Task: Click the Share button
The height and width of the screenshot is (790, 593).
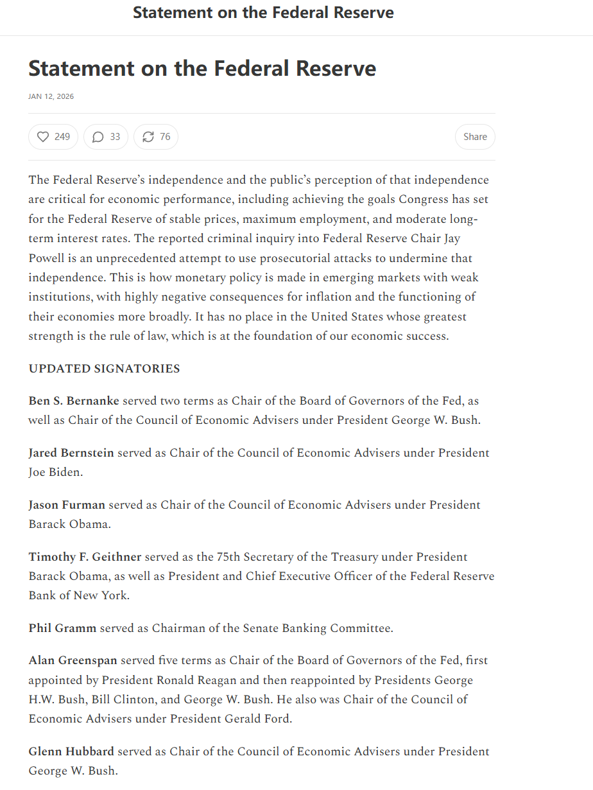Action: pyautogui.click(x=475, y=137)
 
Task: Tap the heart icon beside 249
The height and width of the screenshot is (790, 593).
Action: pyautogui.click(x=43, y=137)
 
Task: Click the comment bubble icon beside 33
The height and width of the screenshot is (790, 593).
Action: pyautogui.click(x=98, y=137)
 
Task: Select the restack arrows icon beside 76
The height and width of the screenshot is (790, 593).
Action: pyautogui.click(x=148, y=137)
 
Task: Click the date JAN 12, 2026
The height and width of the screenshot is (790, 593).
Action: pyautogui.click(x=51, y=96)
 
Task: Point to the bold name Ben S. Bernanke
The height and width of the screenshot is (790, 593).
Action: pyautogui.click(x=74, y=401)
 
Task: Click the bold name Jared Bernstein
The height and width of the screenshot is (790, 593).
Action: pyautogui.click(x=71, y=453)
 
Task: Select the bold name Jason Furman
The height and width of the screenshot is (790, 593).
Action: pyautogui.click(x=67, y=505)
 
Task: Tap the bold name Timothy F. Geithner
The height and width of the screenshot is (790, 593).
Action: pyautogui.click(x=85, y=557)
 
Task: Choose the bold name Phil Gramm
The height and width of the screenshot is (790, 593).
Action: pyautogui.click(x=62, y=628)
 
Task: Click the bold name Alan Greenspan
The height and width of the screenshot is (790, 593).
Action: pyautogui.click(x=73, y=660)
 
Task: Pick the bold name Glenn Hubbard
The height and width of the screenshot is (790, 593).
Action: pyautogui.click(x=71, y=751)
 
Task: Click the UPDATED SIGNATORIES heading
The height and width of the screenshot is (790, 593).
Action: pyautogui.click(x=104, y=369)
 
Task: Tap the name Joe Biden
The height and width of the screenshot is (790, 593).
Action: pyautogui.click(x=55, y=472)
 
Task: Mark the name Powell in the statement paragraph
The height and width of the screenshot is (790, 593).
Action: pyautogui.click(x=46, y=258)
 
